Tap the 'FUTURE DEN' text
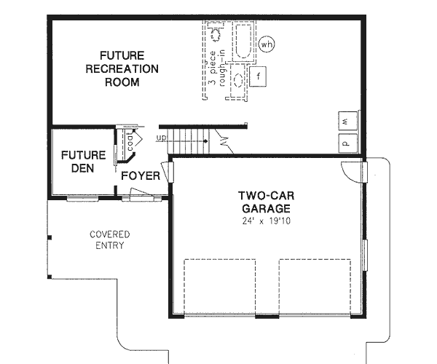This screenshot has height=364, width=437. click(x=83, y=161)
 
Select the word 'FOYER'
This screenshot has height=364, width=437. click(x=141, y=176)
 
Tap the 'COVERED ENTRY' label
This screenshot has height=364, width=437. click(x=109, y=240)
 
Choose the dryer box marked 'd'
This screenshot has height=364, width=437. click(x=347, y=143)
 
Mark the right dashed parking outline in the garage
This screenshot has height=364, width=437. click(x=310, y=288)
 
